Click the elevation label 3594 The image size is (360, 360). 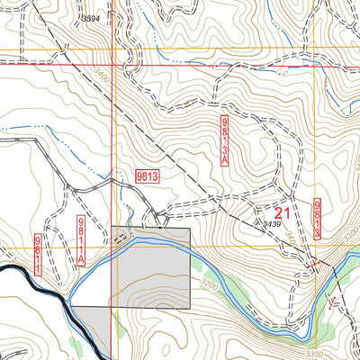[90, 18]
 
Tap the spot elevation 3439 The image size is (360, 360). [274, 223]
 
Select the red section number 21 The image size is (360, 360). [282, 212]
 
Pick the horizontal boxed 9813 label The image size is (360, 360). [148, 176]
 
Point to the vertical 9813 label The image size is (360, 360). [319, 219]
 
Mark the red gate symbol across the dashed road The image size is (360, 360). [315, 264]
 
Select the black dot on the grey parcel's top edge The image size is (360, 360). [160, 228]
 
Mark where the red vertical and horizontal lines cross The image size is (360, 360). [112, 64]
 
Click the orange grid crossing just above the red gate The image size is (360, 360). [315, 247]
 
